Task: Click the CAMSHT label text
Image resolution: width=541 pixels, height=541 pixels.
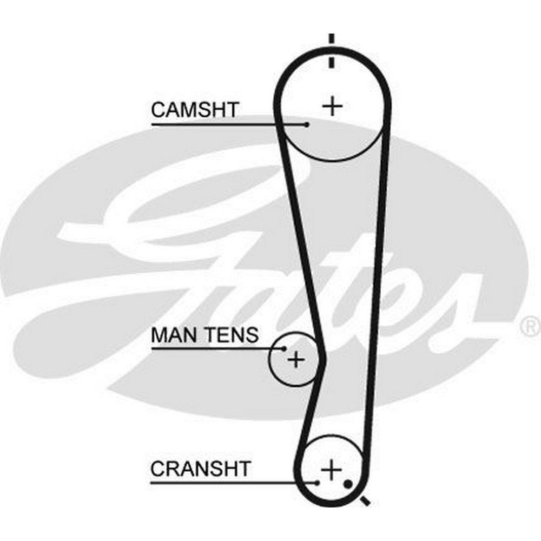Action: click(194, 110)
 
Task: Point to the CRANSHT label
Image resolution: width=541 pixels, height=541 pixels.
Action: click(201, 469)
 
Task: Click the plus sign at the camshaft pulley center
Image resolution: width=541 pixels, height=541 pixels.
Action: click(332, 105)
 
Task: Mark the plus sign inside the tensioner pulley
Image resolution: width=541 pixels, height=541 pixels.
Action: click(295, 359)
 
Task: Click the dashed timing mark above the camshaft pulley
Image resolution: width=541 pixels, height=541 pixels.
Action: click(332, 51)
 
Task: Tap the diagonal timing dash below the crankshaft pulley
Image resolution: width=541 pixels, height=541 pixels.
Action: click(366, 500)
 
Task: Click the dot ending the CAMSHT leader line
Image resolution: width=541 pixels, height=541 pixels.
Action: click(307, 124)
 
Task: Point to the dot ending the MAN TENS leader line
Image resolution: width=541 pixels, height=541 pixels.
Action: click(285, 348)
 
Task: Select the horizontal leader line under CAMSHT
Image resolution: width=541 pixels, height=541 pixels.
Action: click(227, 124)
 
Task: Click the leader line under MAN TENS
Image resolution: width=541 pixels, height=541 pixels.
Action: click(216, 348)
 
